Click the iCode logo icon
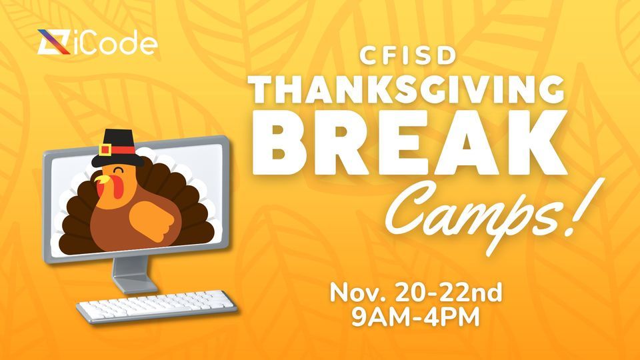tap(52, 44)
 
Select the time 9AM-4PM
tap(416, 316)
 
